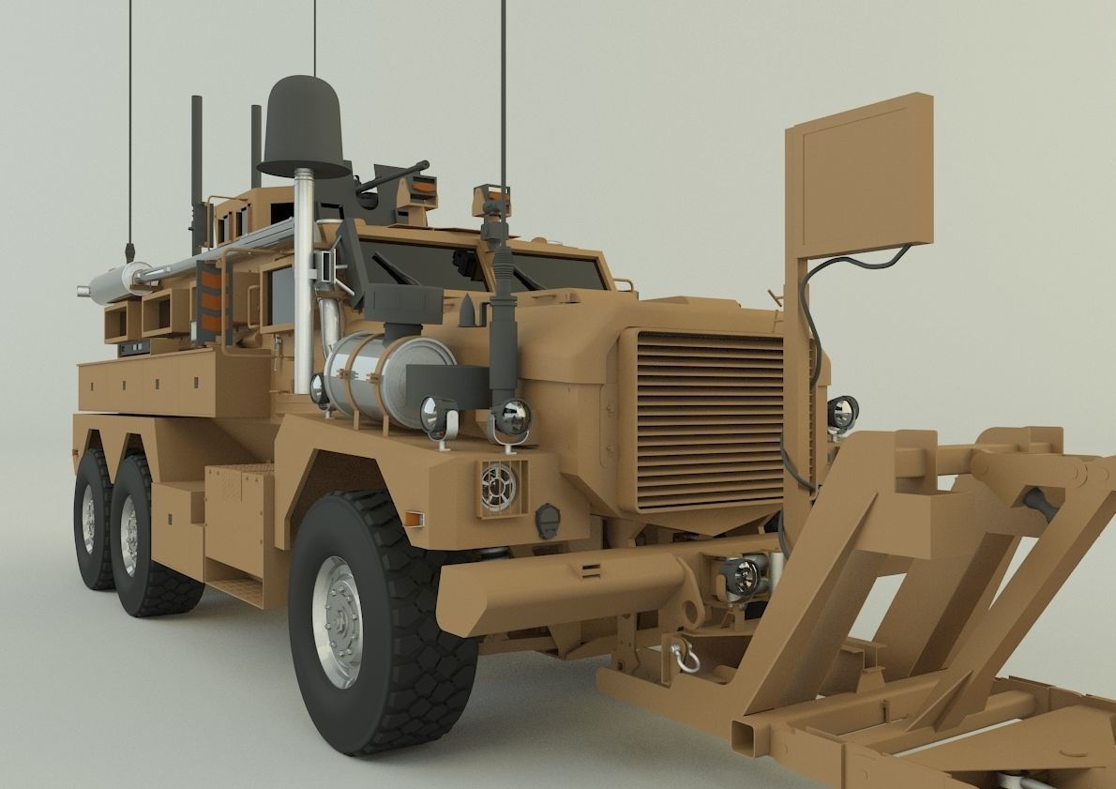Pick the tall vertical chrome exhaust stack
tap(303, 281)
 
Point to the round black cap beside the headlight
tap(547, 519)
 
